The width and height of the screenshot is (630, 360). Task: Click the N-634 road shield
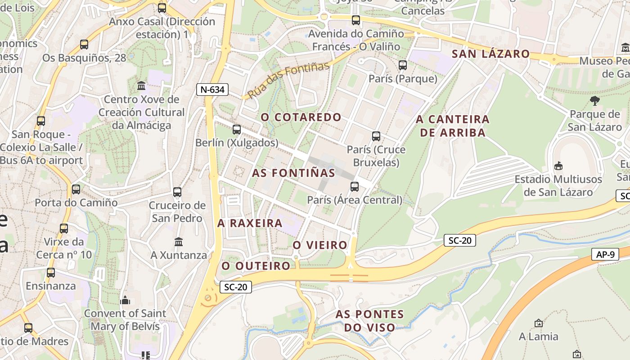pos(212,90)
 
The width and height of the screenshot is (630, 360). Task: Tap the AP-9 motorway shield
pos(605,254)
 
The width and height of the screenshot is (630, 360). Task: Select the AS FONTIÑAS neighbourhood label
pos(293,173)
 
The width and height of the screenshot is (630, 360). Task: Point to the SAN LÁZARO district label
pos(490,54)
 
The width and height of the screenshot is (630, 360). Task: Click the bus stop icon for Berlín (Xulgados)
pos(237,130)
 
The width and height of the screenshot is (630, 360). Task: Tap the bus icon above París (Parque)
pos(403,65)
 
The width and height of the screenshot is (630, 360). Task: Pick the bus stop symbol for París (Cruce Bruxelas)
pos(376,136)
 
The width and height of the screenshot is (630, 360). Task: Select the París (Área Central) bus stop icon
pos(355,186)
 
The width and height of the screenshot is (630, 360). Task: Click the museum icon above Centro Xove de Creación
pos(142,85)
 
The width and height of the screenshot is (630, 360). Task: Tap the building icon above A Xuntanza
pos(179,242)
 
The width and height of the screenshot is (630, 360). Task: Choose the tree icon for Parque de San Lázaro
pos(594,100)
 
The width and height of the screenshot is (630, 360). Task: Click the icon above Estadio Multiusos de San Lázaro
pos(558,166)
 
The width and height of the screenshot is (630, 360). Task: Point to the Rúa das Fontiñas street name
pos(289,80)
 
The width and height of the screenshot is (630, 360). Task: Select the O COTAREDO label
pos(301,117)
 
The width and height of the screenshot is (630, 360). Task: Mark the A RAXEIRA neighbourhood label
pos(250,223)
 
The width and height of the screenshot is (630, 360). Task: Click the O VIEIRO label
pos(320,245)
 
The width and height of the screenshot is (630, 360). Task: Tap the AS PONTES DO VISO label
pos(369,320)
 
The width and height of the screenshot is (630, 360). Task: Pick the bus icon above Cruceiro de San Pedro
pos(177,192)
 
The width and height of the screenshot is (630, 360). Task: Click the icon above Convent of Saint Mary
pos(125,300)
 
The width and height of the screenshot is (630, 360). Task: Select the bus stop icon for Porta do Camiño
pos(76,189)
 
